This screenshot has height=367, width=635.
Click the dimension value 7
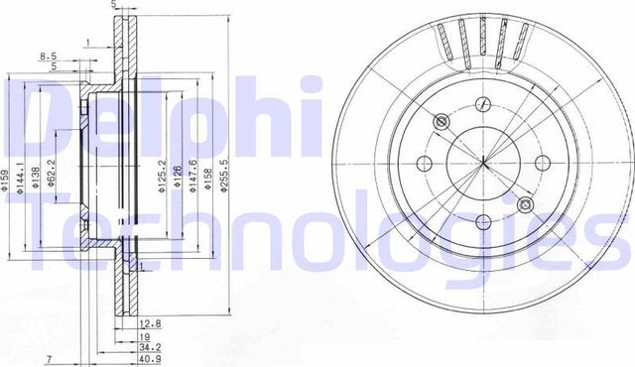point(46,358)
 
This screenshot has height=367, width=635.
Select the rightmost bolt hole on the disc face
point(542,164)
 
